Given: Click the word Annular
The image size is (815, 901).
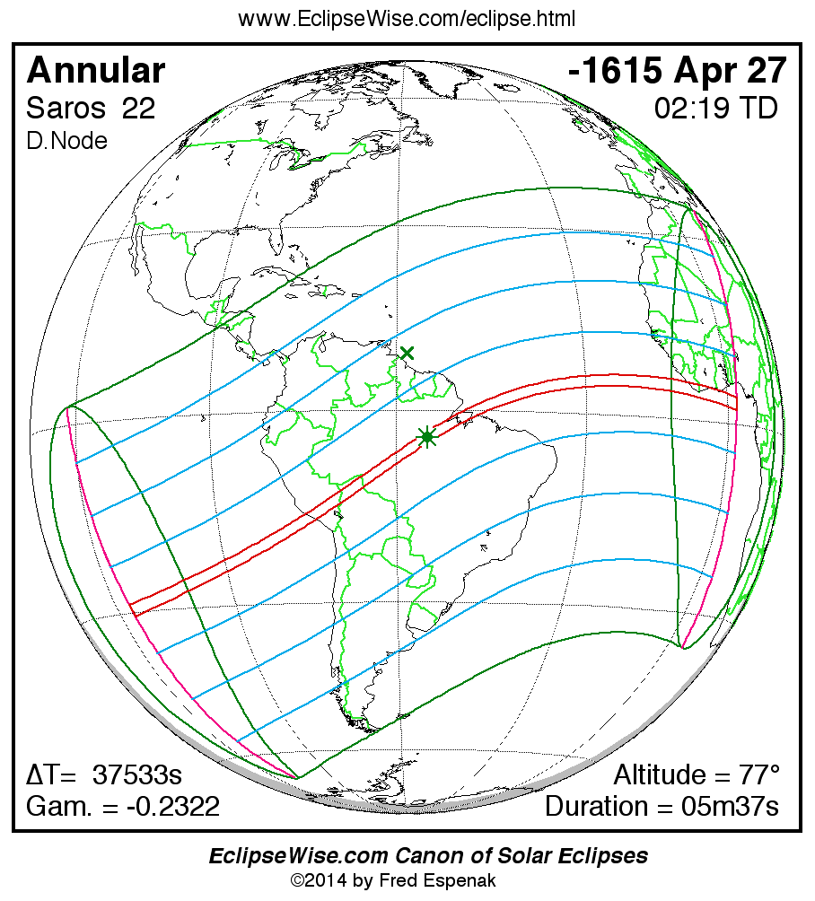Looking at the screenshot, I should tap(96, 70).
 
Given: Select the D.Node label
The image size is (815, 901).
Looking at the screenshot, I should tap(67, 141).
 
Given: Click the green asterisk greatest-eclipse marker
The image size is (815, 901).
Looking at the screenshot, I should tap(427, 437).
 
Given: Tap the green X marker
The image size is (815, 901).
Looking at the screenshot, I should tap(407, 353).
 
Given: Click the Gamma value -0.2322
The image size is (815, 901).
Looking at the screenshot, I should tap(171, 806).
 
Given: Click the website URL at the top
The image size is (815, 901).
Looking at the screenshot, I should tap(407, 19).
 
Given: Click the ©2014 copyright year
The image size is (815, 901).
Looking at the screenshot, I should tap(319, 880).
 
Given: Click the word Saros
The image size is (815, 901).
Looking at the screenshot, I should tap(65, 109).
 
